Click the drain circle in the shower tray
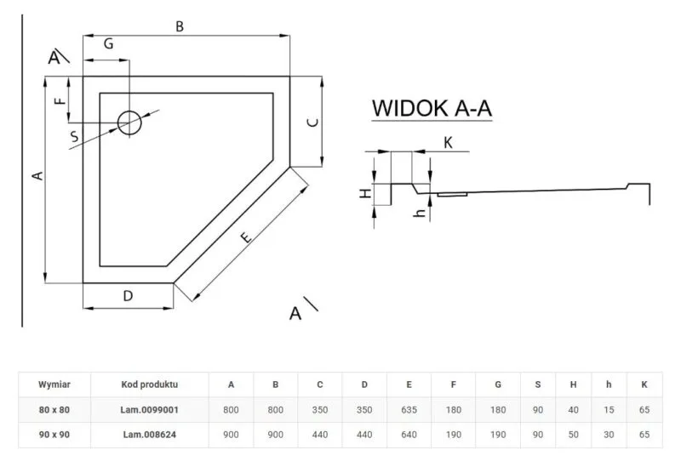(x=130, y=123)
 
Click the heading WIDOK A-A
(x=432, y=110)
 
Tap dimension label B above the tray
(x=180, y=26)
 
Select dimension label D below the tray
(x=128, y=296)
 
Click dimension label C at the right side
(x=312, y=122)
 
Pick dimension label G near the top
(x=109, y=45)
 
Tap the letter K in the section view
(x=448, y=142)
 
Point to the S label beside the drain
(x=75, y=135)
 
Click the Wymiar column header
(x=54, y=384)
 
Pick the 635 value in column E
(x=409, y=409)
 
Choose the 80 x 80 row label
(x=54, y=409)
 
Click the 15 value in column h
(x=608, y=409)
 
